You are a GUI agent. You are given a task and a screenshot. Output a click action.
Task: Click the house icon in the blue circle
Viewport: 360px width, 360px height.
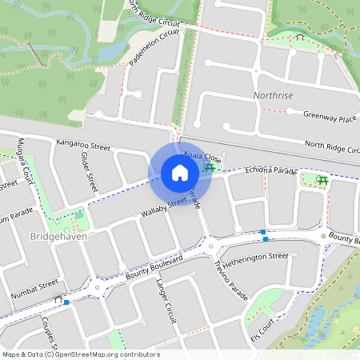pyautogui.click(x=180, y=172)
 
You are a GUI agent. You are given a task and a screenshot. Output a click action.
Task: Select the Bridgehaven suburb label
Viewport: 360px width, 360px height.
pyautogui.click(x=57, y=238)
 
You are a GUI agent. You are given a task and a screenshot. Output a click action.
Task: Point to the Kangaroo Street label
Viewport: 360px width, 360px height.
pyautogui.click(x=83, y=145)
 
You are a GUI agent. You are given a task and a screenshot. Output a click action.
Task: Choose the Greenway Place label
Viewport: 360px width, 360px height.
pyautogui.click(x=330, y=117)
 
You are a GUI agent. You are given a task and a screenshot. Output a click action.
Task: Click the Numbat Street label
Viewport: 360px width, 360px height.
pyautogui.click(x=36, y=289)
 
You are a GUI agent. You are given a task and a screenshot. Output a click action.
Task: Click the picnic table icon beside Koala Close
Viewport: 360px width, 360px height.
pyautogui.click(x=210, y=166)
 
